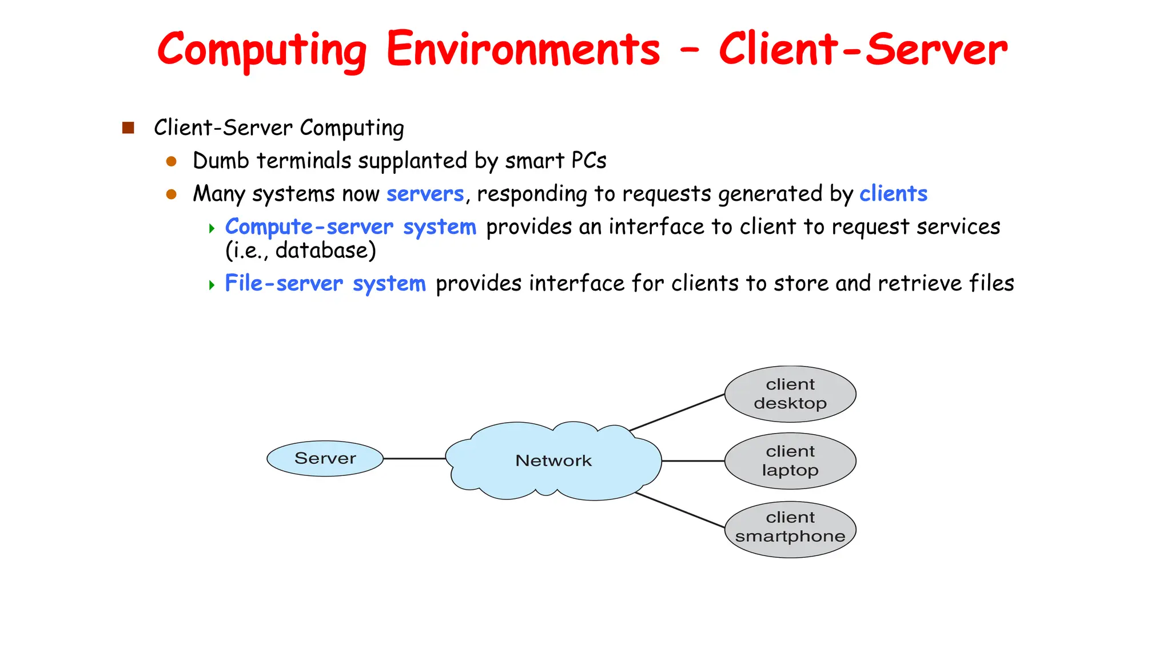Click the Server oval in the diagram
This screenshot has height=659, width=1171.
[x=325, y=458]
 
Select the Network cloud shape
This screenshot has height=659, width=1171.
[x=553, y=460]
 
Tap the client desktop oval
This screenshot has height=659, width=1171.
[x=790, y=394]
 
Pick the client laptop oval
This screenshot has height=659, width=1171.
[x=790, y=461]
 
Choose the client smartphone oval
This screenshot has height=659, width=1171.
[x=790, y=530]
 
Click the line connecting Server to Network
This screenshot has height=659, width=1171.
[x=414, y=458]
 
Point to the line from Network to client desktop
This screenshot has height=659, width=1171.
[x=677, y=412]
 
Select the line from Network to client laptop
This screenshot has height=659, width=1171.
[x=693, y=460]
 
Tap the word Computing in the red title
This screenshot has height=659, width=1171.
[x=262, y=50]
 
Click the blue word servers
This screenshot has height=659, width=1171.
[x=425, y=194]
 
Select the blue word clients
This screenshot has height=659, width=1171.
[x=893, y=194]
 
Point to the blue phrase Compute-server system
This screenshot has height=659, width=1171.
[x=350, y=227]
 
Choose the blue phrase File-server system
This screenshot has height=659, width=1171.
[x=325, y=284]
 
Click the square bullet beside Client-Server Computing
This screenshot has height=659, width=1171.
[x=128, y=128]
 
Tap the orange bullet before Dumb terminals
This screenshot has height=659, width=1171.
[x=171, y=161]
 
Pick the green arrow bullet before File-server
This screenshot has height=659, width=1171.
[x=212, y=284]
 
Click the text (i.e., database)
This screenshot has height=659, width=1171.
[x=301, y=251]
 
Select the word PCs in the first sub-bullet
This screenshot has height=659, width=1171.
[x=588, y=161]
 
